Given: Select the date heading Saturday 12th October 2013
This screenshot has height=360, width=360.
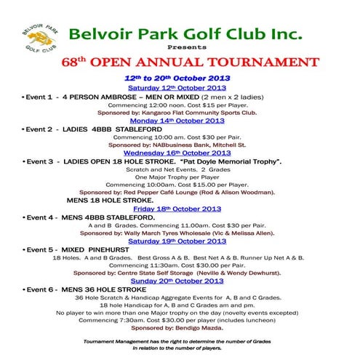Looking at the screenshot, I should tap(177, 87).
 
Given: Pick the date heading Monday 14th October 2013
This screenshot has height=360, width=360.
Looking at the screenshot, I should tap(177, 120).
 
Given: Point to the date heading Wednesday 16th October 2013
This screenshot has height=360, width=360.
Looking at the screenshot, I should tap(177, 153).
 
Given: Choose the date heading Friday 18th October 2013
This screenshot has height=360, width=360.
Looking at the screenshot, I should tap(177, 208).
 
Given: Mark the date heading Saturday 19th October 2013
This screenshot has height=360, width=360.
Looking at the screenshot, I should tap(177, 241).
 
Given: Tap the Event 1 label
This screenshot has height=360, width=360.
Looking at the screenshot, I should tap(37, 95).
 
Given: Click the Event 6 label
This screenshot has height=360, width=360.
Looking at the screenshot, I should tap(37, 289).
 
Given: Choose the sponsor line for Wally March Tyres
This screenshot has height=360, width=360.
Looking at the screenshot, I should tap(177, 233).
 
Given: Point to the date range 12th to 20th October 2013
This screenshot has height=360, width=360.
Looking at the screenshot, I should tap(177, 77).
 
